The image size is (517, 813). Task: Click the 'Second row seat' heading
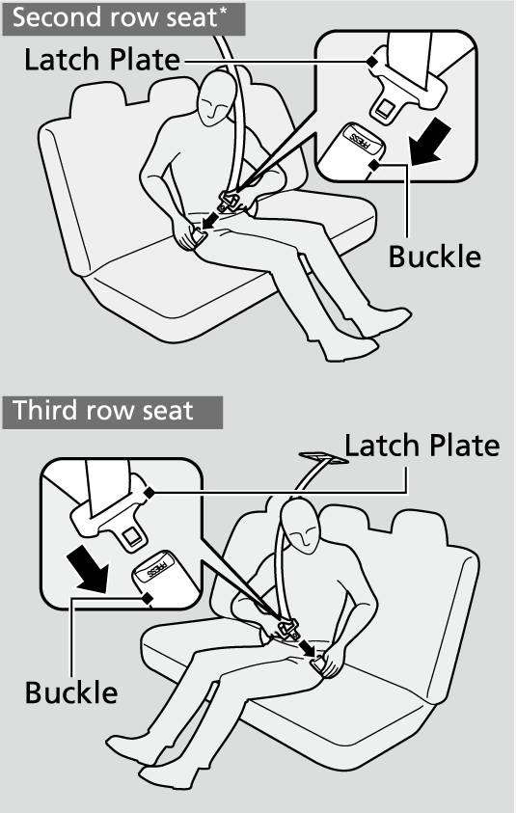pyautogui.click(x=114, y=17)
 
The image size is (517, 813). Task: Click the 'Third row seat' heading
pyautogui.click(x=102, y=410)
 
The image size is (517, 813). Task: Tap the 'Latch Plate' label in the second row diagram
pyautogui.click(x=102, y=60)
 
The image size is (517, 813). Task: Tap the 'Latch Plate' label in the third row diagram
pyautogui.click(x=422, y=446)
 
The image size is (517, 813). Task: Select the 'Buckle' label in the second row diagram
pyautogui.click(x=435, y=257)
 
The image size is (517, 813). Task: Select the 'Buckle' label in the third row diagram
pyautogui.click(x=71, y=692)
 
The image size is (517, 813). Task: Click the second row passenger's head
pyautogui.click(x=217, y=97)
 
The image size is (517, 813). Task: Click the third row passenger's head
pyautogui.click(x=301, y=525)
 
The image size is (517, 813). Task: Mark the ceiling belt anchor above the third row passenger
pyautogui.click(x=323, y=457)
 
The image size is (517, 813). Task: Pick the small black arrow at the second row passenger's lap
pyautogui.click(x=210, y=219)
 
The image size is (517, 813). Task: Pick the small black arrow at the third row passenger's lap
pyautogui.click(x=307, y=647)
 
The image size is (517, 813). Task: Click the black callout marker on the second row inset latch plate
pyautogui.click(x=371, y=61)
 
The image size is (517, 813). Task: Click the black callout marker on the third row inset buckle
pyautogui.click(x=148, y=598)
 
